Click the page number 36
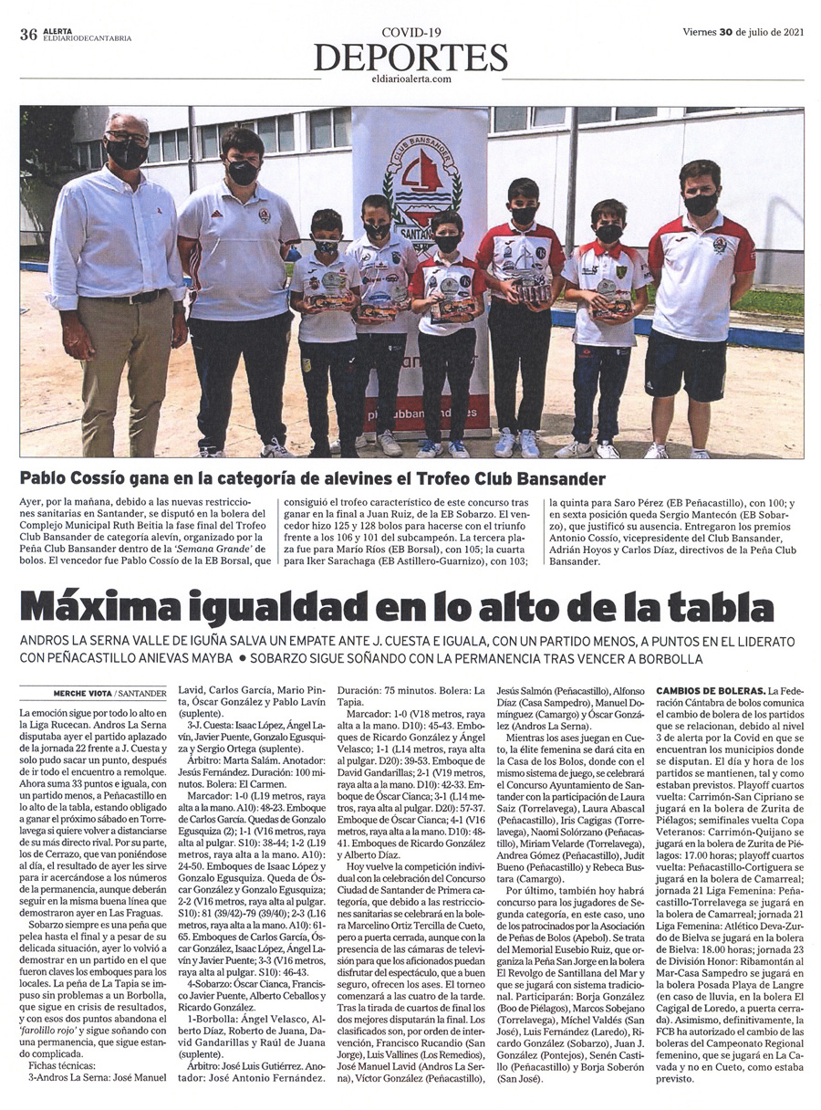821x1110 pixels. pos(27,35)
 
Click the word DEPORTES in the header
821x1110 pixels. pos(410,58)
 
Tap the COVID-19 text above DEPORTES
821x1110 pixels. pos(410,33)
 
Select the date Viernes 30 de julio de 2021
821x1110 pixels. pos(743,31)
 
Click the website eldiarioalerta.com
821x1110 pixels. pos(410,79)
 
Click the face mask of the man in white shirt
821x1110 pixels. pos(127,153)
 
